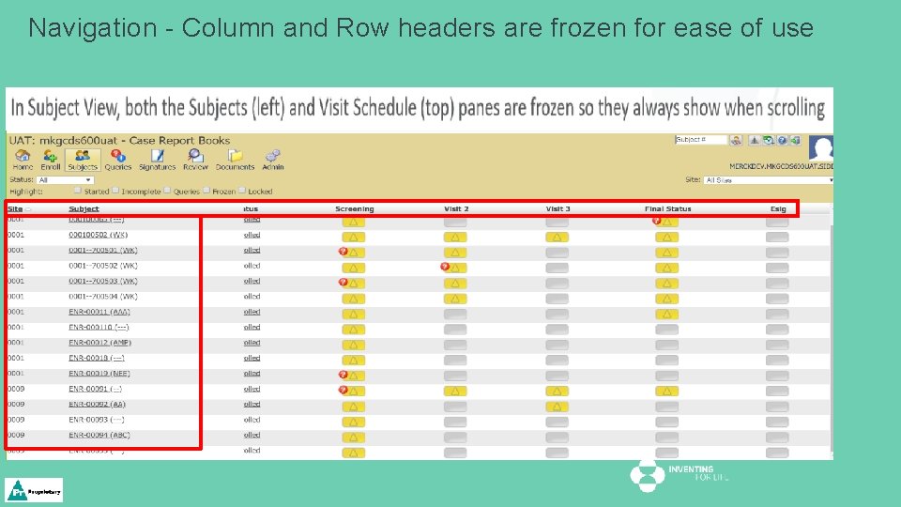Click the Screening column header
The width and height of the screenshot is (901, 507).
(x=354, y=208)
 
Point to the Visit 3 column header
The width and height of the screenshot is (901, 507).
(x=557, y=208)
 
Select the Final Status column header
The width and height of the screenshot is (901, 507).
(x=667, y=208)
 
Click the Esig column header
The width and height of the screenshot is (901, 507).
(x=778, y=208)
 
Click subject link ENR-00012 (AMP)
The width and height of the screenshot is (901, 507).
(x=99, y=343)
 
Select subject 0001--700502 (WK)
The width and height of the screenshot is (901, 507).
(x=102, y=266)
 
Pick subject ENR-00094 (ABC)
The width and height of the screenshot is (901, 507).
(x=99, y=435)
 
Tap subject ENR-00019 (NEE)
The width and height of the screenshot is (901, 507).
(x=99, y=374)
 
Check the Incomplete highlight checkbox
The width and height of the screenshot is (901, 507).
(x=116, y=191)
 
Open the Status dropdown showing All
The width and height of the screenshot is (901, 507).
(x=66, y=179)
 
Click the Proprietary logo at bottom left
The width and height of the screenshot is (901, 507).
(x=35, y=490)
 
